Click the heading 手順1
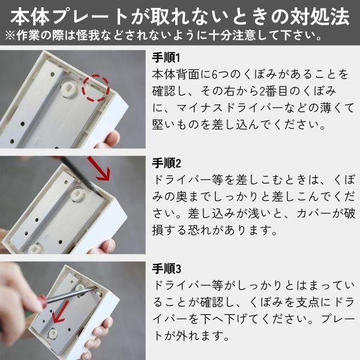pos(166,58)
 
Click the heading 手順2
pos(166,163)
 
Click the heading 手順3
pos(166,268)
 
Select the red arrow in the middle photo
pos(99,169)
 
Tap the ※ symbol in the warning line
pos(10,35)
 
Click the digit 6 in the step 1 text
pos(214,74)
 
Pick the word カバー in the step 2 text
pos(314,214)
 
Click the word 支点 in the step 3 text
pos(308,302)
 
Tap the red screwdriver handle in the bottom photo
pos(42,302)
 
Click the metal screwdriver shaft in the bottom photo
pos(71,295)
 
